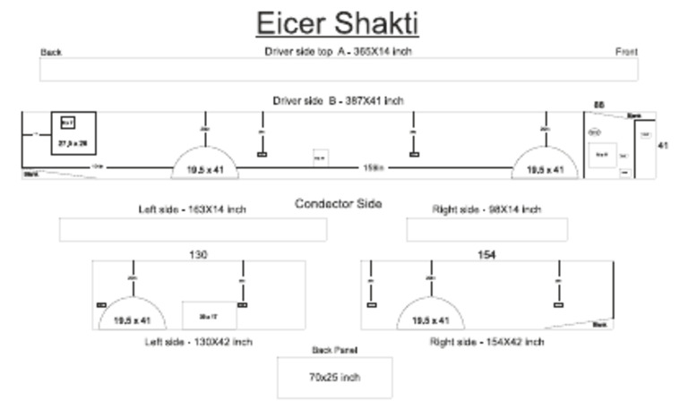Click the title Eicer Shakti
coord(338,23)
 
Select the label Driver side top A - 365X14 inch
coord(338,51)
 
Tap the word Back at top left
coord(51,52)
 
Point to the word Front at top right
coord(626,52)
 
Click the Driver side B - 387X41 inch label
coord(338,101)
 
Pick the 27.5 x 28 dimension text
coord(73,142)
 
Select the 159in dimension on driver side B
coord(374,167)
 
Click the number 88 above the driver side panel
coord(599,105)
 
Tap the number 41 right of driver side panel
coord(663,145)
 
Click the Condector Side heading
coord(339,203)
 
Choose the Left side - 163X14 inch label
coord(192,209)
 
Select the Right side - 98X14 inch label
coord(486,209)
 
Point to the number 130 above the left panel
coord(198,255)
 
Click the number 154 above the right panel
coord(486,255)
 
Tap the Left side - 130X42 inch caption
coord(199,342)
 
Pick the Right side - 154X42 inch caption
coord(486,342)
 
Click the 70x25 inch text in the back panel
coord(334,378)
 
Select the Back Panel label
coord(334,350)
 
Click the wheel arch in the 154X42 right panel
coord(431,315)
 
